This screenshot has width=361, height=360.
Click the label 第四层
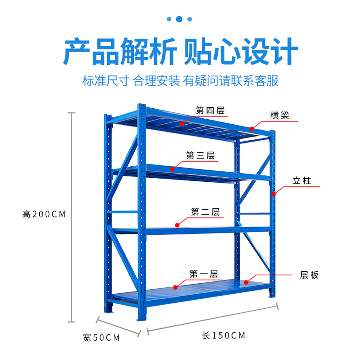[x=210, y=111]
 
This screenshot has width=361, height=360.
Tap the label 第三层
[x=200, y=155]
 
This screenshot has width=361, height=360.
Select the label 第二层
[x=205, y=212]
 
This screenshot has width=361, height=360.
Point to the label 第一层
[x=203, y=274]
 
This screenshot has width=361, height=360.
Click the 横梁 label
[x=280, y=115]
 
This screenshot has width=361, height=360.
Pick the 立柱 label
[x=302, y=181]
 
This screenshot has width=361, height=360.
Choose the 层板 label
[x=309, y=275]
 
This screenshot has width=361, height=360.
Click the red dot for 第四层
[x=182, y=124]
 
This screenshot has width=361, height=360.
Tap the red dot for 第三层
[x=172, y=169]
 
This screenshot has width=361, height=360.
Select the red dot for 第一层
[x=175, y=287]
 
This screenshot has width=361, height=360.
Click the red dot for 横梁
[x=252, y=128]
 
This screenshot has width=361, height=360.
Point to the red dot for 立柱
[x=273, y=194]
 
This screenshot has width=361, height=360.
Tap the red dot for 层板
[x=246, y=282]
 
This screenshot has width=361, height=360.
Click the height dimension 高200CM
[x=44, y=214]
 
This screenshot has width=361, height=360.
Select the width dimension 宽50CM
[x=101, y=338]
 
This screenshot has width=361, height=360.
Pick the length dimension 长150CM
[x=224, y=335]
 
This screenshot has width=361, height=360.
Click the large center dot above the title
[x=179, y=19]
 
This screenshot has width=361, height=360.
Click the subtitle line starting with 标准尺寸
[x=180, y=81]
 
